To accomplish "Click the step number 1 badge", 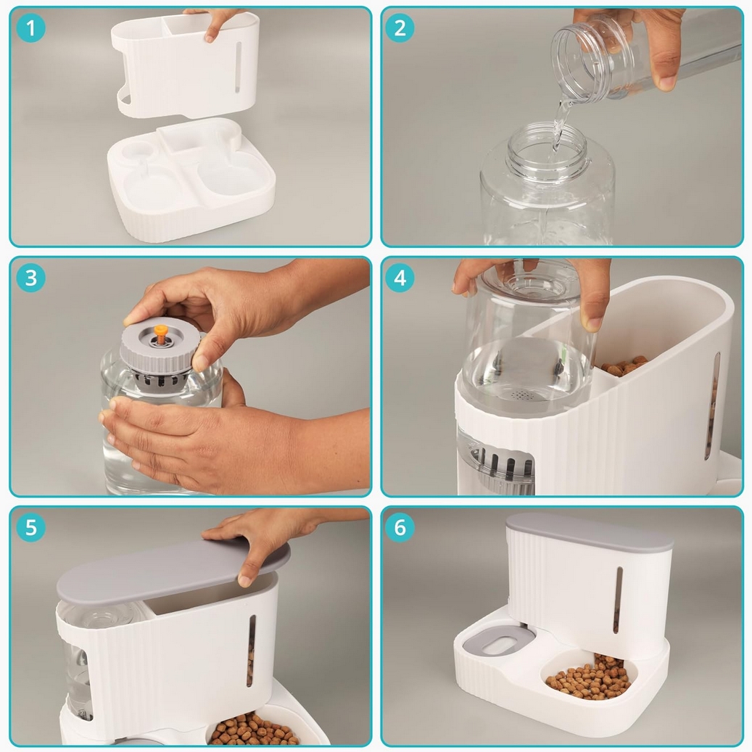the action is (x=30, y=28).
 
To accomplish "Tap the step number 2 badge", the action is (x=400, y=28).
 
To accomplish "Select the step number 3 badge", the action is (x=30, y=278).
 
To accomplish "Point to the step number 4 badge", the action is (x=400, y=278).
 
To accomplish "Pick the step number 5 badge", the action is (x=30, y=527).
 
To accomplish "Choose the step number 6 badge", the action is (x=400, y=527).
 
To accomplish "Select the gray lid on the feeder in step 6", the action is (x=590, y=532).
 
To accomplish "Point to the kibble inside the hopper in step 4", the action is (x=624, y=366).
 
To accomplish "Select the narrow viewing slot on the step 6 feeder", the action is (x=618, y=600).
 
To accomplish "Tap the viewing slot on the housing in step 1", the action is (x=238, y=67).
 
